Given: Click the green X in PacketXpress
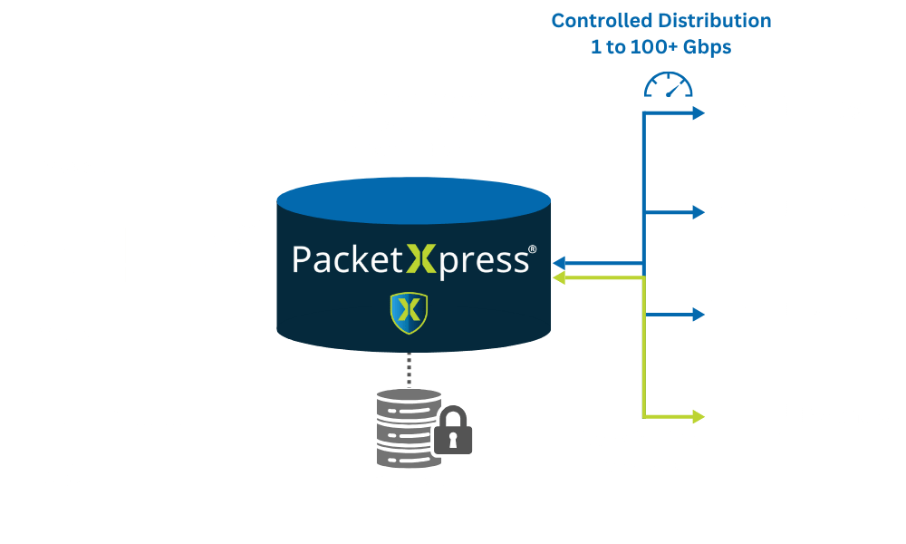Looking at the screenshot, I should [419, 259].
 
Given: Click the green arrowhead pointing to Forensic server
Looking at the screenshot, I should [698, 416].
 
